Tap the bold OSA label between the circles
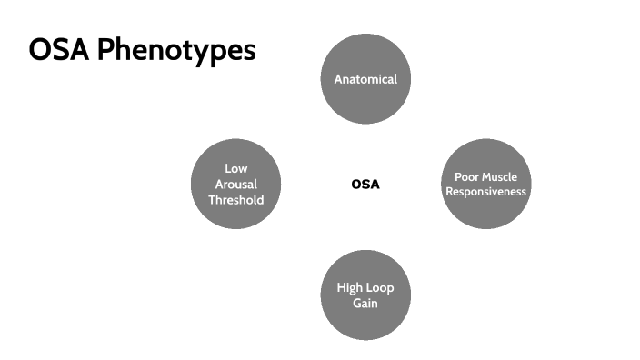pos(365,185)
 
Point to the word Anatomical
pos(365,79)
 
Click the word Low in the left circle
pos(236,168)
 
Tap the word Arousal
pos(236,184)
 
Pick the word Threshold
pos(236,199)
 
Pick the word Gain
pos(365,303)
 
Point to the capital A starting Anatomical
pos(338,79)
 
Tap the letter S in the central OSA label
pos(365,185)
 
